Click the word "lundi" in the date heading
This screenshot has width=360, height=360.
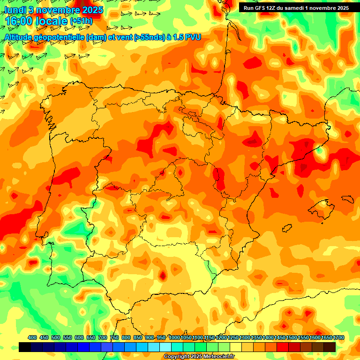pos(15,10)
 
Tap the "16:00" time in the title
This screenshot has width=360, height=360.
pos(19,21)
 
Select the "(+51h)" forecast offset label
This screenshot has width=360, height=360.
pos(82,21)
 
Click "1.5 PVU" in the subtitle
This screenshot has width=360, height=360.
pos(187,37)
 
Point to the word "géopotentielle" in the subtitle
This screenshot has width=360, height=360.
pos(61,37)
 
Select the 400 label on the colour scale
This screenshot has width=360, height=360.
pos(32,338)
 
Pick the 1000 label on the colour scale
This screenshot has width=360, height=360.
pos(174,338)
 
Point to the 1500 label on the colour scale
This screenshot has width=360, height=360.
pos(292,338)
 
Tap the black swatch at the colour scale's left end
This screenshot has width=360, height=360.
pos(25,347)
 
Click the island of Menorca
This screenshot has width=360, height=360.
pos(348,199)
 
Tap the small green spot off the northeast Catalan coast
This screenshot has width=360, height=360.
pos(320,151)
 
